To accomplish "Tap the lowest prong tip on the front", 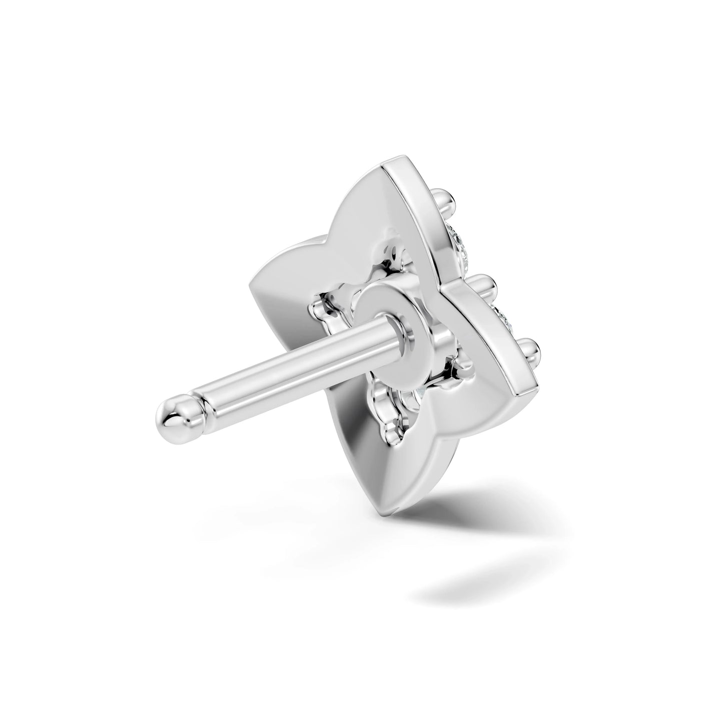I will (x=532, y=347).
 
